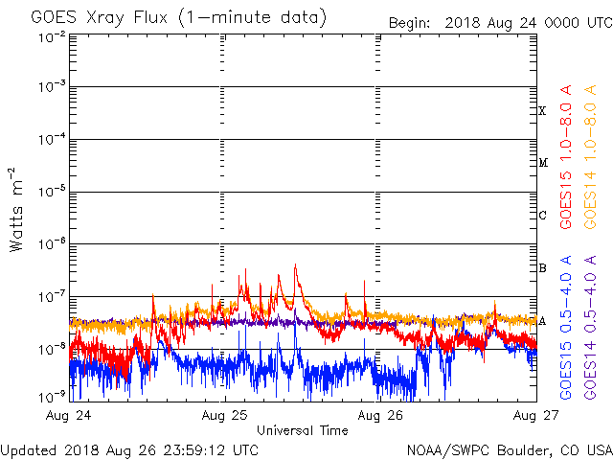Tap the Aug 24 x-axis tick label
(70, 416)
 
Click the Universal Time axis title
(303, 430)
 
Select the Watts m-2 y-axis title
(16, 209)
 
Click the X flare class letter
(542, 111)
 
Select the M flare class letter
(542, 163)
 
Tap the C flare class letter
(542, 216)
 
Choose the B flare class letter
(542, 268)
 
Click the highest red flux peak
(295, 265)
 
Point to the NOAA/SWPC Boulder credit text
(509, 449)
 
